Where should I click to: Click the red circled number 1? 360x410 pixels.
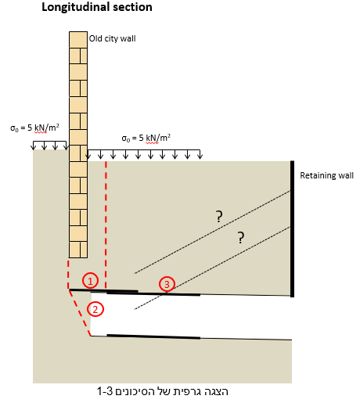90,281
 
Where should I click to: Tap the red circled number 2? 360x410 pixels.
95,309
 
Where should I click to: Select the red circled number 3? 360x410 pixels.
167,284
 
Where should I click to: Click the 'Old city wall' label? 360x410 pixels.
112,38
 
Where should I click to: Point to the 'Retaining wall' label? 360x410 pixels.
326,175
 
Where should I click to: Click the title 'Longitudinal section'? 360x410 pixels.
97,7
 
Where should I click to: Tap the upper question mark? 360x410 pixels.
219,217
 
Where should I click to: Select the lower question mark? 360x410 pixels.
241,238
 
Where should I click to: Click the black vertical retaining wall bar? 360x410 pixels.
292,228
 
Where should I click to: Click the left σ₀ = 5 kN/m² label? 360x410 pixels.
34,128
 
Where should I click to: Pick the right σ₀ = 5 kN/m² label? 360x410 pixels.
146,138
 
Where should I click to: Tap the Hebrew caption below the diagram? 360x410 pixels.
163,391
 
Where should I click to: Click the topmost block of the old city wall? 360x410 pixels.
78,40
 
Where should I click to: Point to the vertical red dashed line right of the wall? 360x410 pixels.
106,225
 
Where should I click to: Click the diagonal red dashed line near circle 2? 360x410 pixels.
80,312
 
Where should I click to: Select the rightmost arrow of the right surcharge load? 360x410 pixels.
200,154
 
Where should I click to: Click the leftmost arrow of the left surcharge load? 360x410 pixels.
33,146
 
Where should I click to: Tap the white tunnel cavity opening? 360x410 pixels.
191,315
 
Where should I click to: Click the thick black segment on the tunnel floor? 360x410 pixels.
153,336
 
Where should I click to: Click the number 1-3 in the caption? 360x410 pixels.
105,392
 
